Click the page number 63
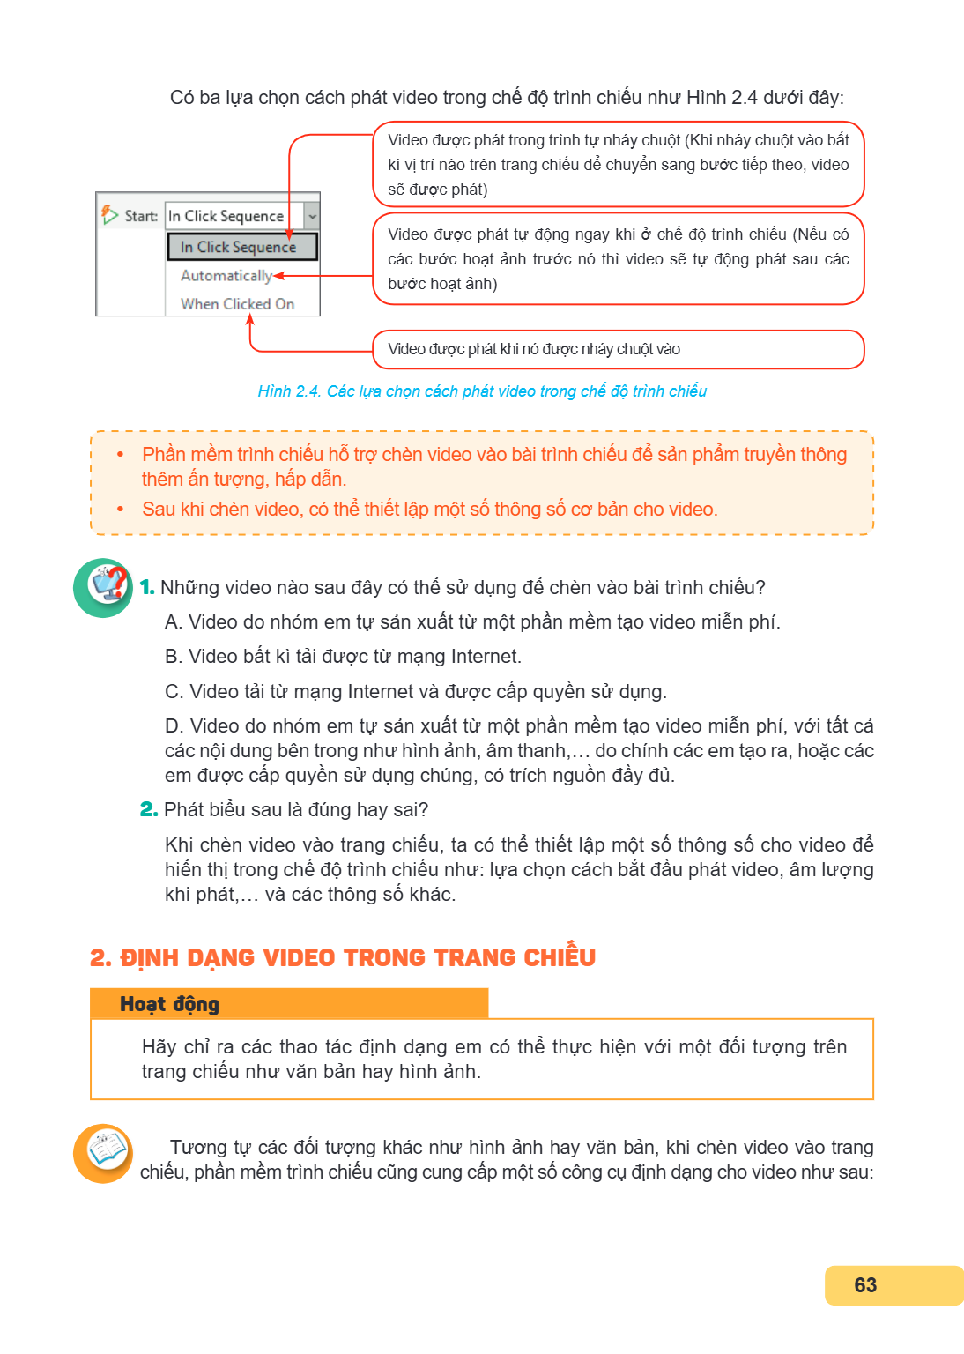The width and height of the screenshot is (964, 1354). (865, 1284)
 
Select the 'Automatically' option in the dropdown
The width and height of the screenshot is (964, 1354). (226, 276)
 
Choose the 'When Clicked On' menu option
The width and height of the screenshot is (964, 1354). (238, 304)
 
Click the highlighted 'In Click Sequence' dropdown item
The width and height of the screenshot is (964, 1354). (241, 247)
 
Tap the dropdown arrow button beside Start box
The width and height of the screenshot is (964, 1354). (312, 216)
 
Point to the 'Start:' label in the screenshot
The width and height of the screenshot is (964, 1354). (141, 216)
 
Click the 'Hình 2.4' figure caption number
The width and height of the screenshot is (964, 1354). (289, 391)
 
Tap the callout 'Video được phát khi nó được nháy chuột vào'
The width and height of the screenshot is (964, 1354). (619, 349)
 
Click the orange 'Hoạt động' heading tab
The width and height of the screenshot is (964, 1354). (289, 1003)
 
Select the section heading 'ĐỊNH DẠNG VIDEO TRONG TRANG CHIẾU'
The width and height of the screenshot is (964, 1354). (358, 957)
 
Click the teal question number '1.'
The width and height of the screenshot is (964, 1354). (147, 587)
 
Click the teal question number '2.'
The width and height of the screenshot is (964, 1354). (149, 809)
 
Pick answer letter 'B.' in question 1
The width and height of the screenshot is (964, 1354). (174, 657)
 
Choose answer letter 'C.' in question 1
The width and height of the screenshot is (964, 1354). (174, 691)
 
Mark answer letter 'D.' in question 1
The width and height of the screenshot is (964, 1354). (174, 726)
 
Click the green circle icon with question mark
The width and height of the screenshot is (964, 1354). (103, 588)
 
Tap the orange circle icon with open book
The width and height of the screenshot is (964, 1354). (103, 1153)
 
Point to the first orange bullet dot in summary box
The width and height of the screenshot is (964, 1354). (120, 455)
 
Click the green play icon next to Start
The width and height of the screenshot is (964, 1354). (109, 214)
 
